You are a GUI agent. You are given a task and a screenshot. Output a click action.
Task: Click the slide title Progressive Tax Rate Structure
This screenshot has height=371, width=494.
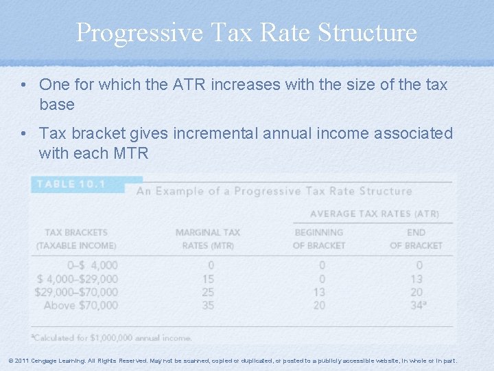pyautogui.click(x=246, y=32)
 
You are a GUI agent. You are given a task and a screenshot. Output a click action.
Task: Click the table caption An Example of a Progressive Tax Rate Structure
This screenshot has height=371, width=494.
pyautogui.click(x=274, y=191)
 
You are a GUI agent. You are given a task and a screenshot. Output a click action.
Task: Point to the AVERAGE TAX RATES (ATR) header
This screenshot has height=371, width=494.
pyautogui.click(x=375, y=214)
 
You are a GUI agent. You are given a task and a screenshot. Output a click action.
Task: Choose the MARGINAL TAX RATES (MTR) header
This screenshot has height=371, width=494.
pyautogui.click(x=208, y=238)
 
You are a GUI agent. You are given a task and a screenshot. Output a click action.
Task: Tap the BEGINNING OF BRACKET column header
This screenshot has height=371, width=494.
pyautogui.click(x=318, y=238)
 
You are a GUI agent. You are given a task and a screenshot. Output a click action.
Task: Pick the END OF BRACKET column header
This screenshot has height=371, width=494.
pyautogui.click(x=416, y=238)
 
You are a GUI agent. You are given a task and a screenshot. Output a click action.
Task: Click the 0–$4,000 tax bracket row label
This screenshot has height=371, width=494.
pyautogui.click(x=92, y=265)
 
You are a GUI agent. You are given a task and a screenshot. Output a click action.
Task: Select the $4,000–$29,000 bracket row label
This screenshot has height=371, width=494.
pyautogui.click(x=78, y=279)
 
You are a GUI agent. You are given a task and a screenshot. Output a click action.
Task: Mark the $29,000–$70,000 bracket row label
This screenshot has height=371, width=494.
pyautogui.click(x=76, y=292)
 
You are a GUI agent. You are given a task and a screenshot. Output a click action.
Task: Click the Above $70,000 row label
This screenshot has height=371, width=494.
pyautogui.click(x=81, y=305)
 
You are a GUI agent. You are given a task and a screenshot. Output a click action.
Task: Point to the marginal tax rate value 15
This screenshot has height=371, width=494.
pyautogui.click(x=208, y=279)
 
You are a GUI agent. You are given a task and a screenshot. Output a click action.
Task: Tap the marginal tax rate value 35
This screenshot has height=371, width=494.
pyautogui.click(x=208, y=305)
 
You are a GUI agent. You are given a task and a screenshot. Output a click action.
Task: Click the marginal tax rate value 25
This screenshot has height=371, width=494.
pyautogui.click(x=208, y=292)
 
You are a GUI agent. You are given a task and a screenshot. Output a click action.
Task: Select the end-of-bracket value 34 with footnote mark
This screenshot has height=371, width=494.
pyautogui.click(x=417, y=305)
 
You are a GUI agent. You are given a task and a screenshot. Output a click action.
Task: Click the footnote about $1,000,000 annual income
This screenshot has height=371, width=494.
pyautogui.click(x=112, y=337)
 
